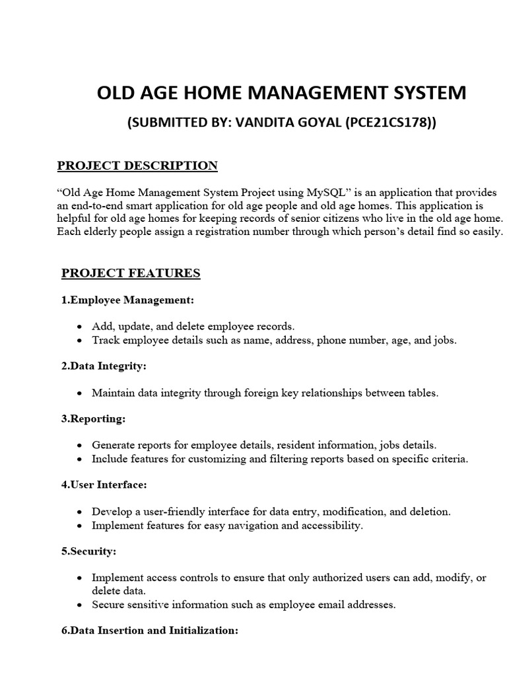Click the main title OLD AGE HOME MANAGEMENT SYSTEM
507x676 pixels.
pos(281,93)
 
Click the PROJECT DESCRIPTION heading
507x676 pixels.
pos(137,166)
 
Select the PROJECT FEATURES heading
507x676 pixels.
pos(131,273)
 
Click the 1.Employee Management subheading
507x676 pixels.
pos(128,300)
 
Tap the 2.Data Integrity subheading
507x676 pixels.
pos(104,366)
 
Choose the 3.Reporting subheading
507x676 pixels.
pos(93,419)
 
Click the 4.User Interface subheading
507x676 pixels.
pos(104,485)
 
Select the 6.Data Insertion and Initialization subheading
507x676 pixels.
pos(150,630)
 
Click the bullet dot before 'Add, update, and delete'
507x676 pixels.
pos(79,327)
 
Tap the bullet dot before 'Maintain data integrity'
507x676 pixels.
pos(79,393)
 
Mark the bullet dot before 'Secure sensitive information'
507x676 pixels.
pos(79,605)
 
